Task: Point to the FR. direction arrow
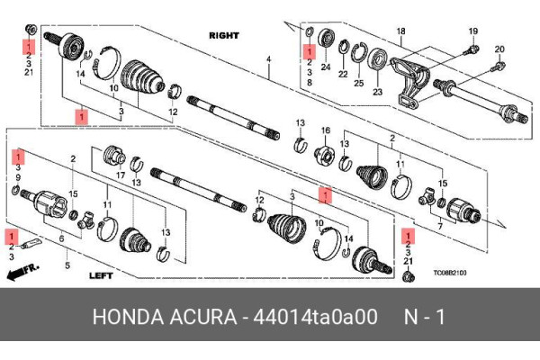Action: point(28,272)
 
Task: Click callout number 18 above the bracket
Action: point(401,32)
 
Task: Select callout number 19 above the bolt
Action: point(472,32)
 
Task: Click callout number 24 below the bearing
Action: point(325,67)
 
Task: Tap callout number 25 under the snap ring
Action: point(357,83)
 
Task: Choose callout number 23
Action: point(377,91)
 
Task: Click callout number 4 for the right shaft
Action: point(267,60)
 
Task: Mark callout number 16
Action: point(326,130)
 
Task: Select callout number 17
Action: point(119,177)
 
